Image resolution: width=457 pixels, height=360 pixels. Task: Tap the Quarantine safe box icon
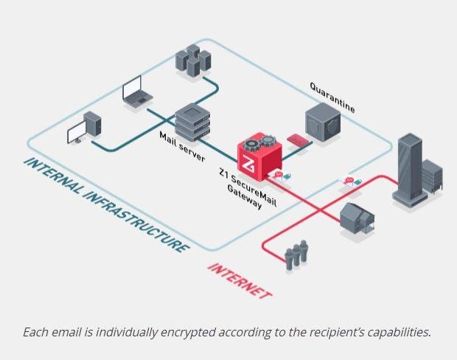point(325,126)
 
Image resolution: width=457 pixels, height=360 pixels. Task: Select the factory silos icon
point(296,255)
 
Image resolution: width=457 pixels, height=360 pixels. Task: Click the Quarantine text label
point(332,97)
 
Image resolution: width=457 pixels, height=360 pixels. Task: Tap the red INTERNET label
point(239,280)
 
